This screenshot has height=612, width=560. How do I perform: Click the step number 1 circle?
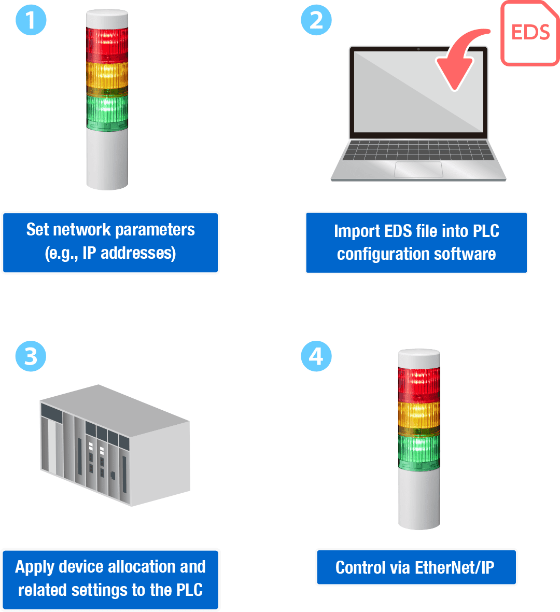31,20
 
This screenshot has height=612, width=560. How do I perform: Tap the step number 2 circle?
316,20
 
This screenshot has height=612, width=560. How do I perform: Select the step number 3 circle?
31,356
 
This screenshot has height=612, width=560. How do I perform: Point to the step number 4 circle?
316,356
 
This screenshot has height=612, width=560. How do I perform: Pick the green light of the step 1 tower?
107,110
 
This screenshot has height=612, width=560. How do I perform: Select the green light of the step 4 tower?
419,450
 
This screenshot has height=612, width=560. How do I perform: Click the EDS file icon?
530,33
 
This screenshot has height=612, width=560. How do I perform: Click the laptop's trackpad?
418,169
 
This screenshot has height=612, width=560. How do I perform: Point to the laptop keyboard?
418,150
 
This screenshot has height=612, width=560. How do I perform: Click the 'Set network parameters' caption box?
110,242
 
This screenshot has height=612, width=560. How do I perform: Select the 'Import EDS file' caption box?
416,242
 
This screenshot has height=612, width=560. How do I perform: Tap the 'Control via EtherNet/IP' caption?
416,567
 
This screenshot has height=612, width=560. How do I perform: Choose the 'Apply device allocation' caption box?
110,579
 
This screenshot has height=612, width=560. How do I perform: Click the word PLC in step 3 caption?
189,590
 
